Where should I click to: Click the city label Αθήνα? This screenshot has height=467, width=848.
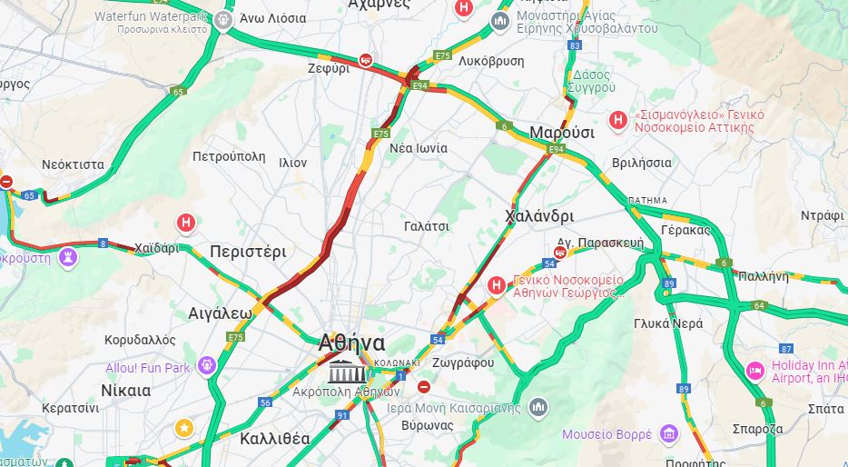(351, 343)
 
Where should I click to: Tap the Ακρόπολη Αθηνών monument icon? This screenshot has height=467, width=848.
(347, 372)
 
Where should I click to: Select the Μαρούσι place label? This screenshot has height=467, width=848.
(562, 133)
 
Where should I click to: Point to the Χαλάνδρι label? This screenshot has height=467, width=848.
(539, 217)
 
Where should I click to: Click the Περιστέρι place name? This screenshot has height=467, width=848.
(248, 252)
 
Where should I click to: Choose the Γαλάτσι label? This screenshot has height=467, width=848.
(427, 227)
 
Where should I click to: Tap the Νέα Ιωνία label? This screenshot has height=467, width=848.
(418, 148)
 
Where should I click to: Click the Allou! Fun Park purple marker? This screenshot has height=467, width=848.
(207, 365)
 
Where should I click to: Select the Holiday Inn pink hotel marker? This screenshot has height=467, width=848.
(754, 370)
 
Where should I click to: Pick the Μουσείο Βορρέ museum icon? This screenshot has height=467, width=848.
(669, 433)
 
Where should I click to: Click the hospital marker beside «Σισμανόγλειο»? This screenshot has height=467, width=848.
(618, 119)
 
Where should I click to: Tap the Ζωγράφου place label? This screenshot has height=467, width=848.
(465, 363)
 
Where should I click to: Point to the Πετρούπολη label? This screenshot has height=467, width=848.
(229, 157)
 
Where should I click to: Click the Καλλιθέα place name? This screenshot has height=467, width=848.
(275, 439)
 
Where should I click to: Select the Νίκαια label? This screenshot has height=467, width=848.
(125, 391)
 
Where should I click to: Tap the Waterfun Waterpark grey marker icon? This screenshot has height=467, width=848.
(224, 20)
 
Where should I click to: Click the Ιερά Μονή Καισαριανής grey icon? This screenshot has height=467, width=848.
(538, 406)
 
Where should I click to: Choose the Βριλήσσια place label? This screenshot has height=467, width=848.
(642, 164)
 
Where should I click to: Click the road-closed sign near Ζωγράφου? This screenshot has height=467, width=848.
(424, 387)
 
